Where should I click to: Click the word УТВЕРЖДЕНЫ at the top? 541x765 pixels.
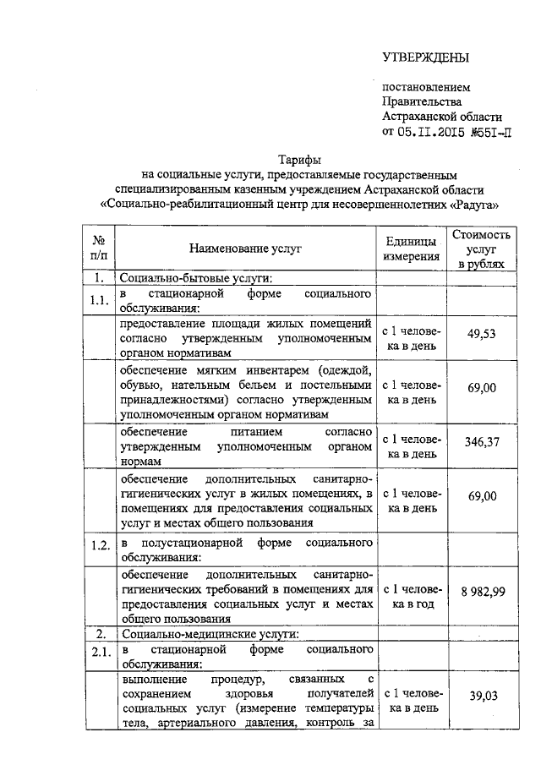click(x=425, y=57)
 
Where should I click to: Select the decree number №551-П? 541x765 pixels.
click(x=489, y=131)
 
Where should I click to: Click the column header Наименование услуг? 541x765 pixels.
click(x=245, y=248)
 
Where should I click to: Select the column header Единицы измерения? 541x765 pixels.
click(x=411, y=248)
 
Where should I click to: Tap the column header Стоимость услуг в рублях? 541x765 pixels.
click(x=482, y=249)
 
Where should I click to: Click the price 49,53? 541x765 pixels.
click(x=482, y=334)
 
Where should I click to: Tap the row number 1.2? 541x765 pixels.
click(x=100, y=544)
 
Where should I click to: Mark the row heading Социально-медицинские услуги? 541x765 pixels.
click(x=209, y=633)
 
